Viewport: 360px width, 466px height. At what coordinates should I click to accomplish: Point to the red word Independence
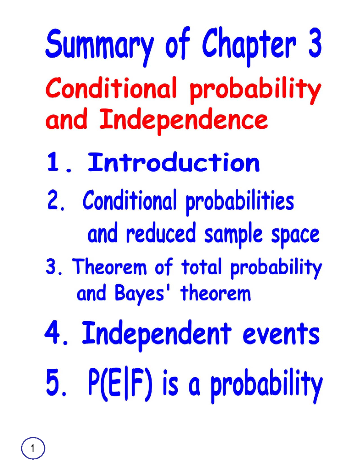click(x=183, y=120)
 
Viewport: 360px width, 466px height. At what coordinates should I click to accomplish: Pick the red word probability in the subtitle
click(x=255, y=90)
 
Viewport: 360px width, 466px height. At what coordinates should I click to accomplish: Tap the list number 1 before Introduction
click(x=53, y=162)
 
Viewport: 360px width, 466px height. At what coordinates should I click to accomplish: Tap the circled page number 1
click(x=33, y=448)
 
